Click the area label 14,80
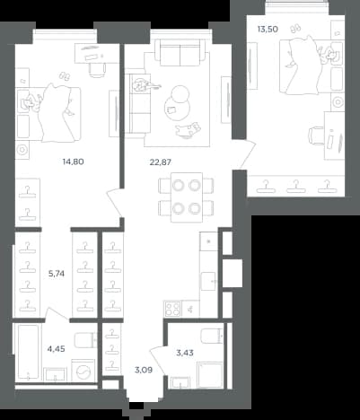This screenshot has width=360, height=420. point(73,162)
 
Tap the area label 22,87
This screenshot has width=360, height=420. point(160,162)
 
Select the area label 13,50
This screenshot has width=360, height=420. point(268,30)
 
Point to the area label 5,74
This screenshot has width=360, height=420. point(57,274)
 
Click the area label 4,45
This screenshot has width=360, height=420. point(57,349)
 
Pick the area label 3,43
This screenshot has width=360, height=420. point(185,353)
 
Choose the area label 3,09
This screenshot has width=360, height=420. point(144,371)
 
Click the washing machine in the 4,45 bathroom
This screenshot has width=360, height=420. point(83,371)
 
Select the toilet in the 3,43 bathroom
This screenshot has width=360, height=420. point(213,337)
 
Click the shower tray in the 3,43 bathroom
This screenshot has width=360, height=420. point(209,374)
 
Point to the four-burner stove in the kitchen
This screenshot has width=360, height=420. point(172,309)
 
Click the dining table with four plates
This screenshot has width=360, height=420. point(187,197)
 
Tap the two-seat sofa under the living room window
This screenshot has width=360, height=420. point(180,53)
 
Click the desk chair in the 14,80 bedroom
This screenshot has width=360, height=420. point(98,70)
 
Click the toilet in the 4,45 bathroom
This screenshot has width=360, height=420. point(86,340)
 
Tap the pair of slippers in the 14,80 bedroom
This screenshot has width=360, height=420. point(65,75)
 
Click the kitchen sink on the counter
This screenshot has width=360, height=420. point(208,282)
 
